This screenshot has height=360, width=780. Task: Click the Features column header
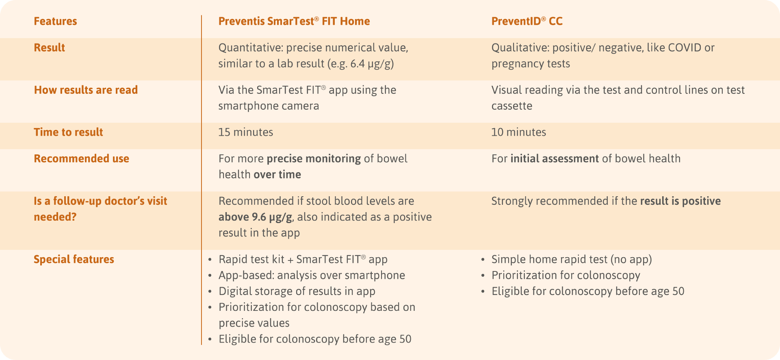(x=55, y=21)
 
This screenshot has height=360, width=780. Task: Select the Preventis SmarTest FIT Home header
(x=294, y=21)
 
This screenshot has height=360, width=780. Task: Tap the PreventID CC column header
(x=526, y=21)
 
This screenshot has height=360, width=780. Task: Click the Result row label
(x=49, y=48)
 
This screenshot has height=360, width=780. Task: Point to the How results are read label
(x=86, y=90)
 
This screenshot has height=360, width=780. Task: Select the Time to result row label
(x=68, y=132)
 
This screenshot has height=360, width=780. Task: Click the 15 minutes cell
(x=245, y=132)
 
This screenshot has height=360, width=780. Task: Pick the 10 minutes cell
(x=518, y=132)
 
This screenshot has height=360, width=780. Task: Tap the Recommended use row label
(x=81, y=158)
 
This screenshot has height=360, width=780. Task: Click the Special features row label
(x=74, y=259)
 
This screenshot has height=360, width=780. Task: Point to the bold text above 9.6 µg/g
(x=255, y=217)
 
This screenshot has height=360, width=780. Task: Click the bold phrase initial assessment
(x=554, y=158)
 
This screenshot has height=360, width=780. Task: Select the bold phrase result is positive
(x=680, y=201)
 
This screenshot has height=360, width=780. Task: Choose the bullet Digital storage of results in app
(x=297, y=291)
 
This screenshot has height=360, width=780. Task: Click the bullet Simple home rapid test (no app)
(x=571, y=259)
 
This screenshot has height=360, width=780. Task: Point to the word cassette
(x=511, y=106)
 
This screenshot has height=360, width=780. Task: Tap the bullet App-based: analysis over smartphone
(x=311, y=275)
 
